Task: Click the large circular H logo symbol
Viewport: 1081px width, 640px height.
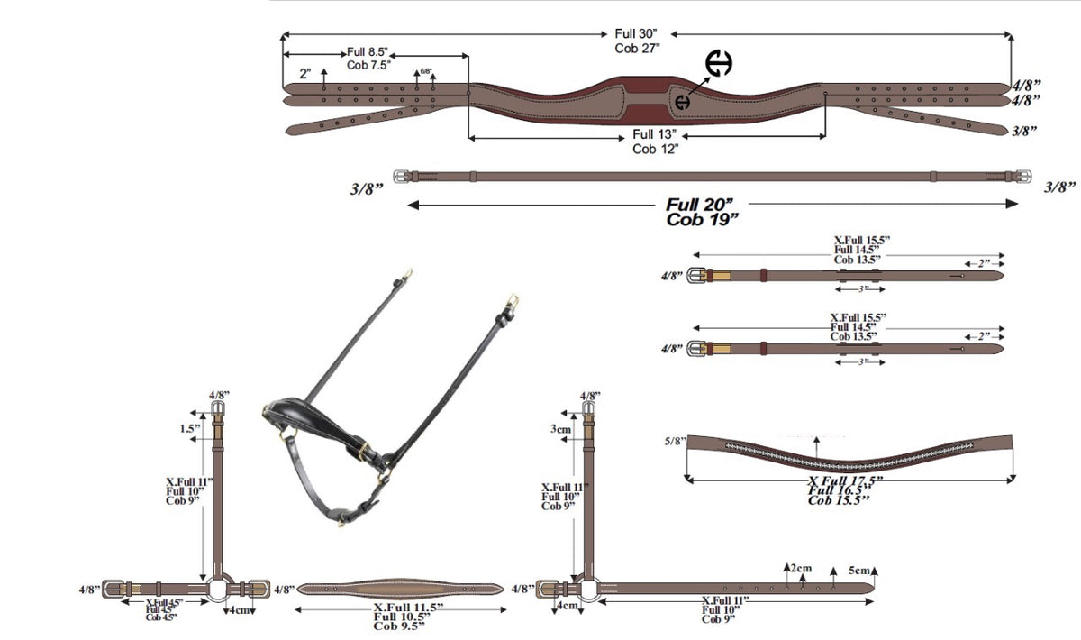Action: click(718, 64)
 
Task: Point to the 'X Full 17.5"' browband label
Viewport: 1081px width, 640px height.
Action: click(845, 480)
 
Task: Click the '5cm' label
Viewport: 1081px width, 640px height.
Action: click(860, 571)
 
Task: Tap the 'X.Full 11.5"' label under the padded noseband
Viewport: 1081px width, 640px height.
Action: click(408, 608)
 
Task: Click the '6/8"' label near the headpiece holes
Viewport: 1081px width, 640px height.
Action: click(425, 70)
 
